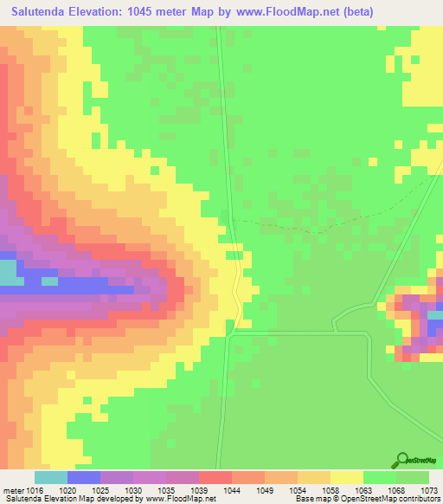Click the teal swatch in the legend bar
point(51,477)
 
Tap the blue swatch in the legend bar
point(84,477)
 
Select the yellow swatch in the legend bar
point(346,477)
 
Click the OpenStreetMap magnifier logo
point(402,460)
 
